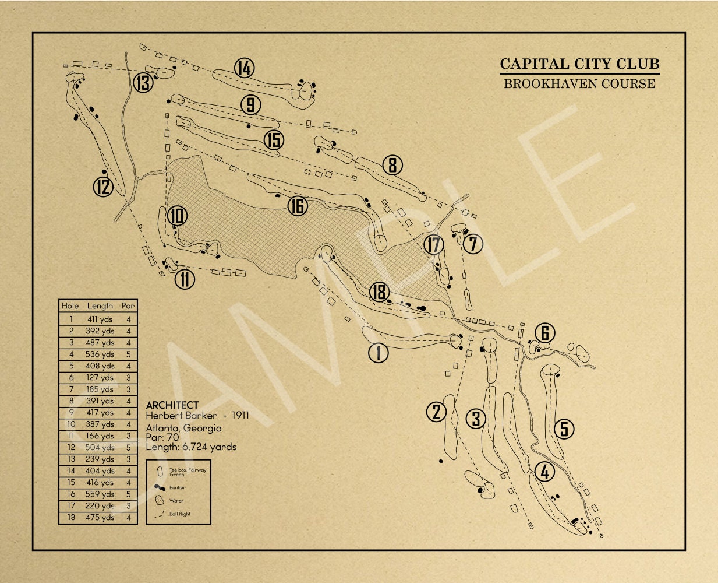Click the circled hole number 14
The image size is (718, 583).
tap(245, 68)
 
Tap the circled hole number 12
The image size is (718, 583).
tap(103, 187)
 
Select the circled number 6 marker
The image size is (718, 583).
tap(545, 333)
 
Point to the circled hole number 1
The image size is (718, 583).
tap(379, 353)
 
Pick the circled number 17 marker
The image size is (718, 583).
tap(433, 245)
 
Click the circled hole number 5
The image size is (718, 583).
tap(564, 429)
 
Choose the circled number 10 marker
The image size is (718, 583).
tap(178, 217)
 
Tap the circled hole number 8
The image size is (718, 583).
tap(392, 166)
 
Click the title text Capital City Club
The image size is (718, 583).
tap(579, 64)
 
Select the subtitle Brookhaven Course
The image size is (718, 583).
tap(579, 83)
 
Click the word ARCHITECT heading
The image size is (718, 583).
tap(172, 405)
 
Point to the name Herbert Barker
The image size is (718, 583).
tap(181, 416)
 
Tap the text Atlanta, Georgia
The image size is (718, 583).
tap(184, 429)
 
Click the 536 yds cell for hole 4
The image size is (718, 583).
tap(100, 354)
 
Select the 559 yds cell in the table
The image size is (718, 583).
tap(100, 494)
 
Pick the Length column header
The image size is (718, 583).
tap(100, 305)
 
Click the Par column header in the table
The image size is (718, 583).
tap(128, 305)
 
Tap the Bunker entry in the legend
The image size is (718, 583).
tap(178, 488)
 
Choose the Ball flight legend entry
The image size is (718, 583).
tap(180, 514)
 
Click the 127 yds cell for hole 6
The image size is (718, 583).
tap(100, 378)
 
